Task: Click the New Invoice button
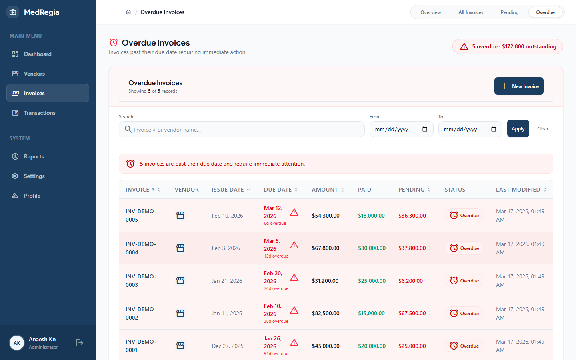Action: [x=519, y=86]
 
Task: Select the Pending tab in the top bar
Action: [x=510, y=12]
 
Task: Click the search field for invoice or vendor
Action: [x=242, y=129]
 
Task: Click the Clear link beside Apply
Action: [x=542, y=129]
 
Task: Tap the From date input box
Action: [x=401, y=129]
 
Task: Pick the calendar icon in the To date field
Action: [x=494, y=129]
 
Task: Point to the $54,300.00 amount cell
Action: [x=326, y=216]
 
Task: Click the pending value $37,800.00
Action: [x=412, y=248]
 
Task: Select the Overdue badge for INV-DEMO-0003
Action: [x=464, y=280]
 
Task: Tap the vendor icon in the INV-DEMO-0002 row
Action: [x=180, y=313]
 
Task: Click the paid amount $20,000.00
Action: [x=372, y=346]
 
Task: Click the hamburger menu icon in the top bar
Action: [x=111, y=12]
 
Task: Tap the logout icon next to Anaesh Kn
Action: [x=80, y=343]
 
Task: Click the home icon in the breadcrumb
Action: [x=128, y=12]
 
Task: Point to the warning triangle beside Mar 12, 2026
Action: [x=294, y=212]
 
